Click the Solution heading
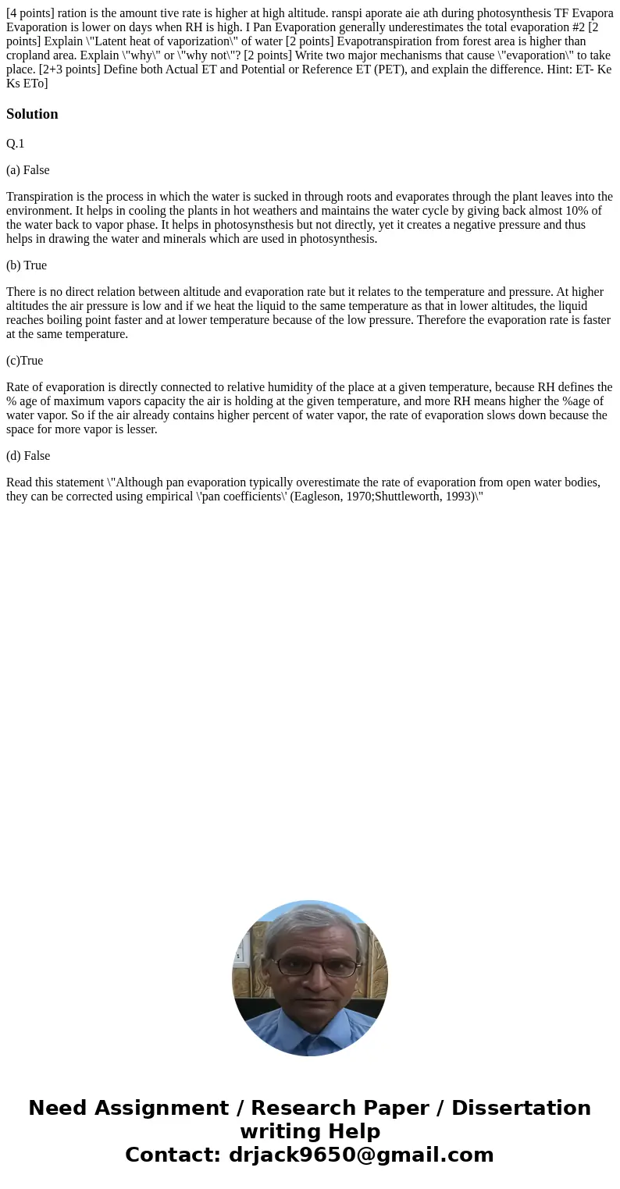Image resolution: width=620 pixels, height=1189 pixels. pos(32,114)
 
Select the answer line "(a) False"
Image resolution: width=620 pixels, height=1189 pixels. pos(28,170)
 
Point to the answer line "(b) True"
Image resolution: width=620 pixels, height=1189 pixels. pos(27,265)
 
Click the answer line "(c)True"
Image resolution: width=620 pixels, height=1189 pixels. pos(25,361)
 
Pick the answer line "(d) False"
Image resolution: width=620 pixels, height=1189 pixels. pos(28,456)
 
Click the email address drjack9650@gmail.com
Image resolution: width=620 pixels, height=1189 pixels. pos(361,1155)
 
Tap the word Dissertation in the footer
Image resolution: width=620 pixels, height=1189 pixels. pos(521,1108)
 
